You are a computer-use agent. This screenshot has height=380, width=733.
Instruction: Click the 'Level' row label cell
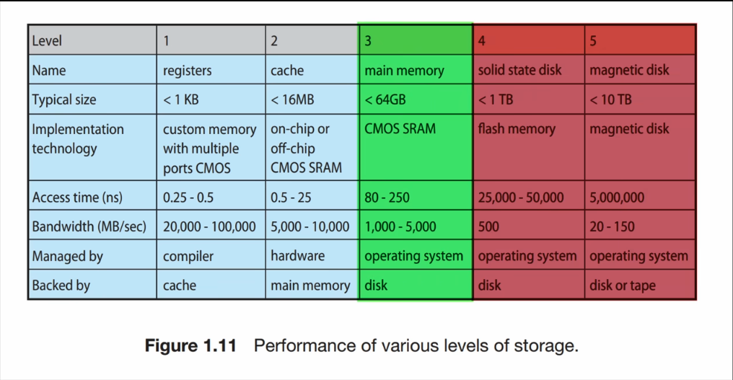tap(92, 40)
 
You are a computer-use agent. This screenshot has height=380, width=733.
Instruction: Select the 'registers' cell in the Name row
tap(187, 71)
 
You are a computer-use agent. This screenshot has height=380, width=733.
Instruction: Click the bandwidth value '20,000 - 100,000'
tap(209, 226)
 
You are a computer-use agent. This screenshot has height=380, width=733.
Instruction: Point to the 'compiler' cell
tap(188, 256)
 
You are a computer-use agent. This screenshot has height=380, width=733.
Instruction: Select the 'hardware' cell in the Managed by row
tap(297, 256)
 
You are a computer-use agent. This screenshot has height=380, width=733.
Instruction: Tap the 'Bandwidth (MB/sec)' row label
tap(89, 226)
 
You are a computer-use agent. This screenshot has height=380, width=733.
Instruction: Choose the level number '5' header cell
tap(639, 40)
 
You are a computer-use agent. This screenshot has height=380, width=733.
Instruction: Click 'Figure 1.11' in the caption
tap(190, 345)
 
